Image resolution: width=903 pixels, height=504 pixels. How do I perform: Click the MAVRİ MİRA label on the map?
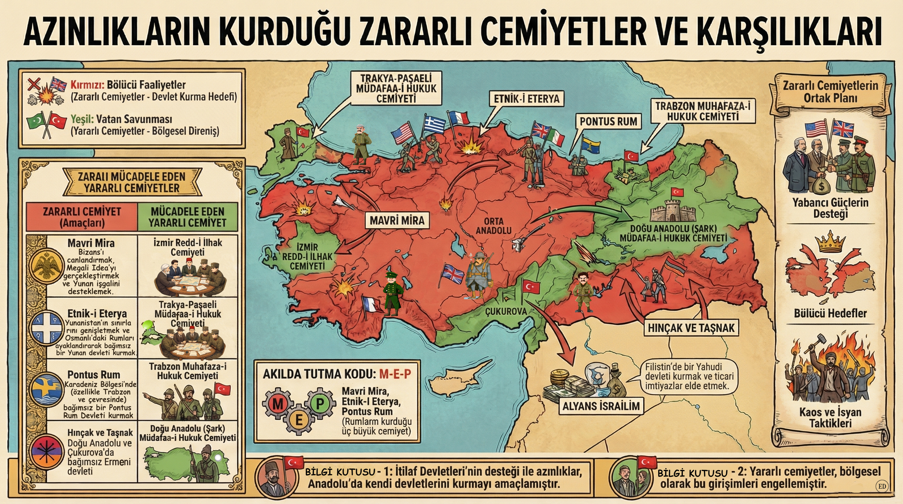[397, 220]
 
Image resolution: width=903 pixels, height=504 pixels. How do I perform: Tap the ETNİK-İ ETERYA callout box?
[527, 99]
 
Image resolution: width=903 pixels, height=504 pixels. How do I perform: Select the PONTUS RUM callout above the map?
[608, 122]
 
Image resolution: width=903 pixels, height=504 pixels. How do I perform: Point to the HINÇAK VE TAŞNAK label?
[691, 328]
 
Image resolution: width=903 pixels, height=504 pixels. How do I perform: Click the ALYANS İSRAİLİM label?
[601, 406]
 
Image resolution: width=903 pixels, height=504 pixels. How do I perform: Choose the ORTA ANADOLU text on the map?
[493, 226]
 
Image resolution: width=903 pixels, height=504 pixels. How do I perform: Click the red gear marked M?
[278, 404]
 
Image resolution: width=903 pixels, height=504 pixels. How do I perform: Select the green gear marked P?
[320, 403]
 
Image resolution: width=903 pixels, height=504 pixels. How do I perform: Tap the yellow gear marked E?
[299, 420]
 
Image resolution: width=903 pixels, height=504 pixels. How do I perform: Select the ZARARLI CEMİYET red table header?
[82, 217]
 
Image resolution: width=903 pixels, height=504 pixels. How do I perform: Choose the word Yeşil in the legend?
[82, 119]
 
